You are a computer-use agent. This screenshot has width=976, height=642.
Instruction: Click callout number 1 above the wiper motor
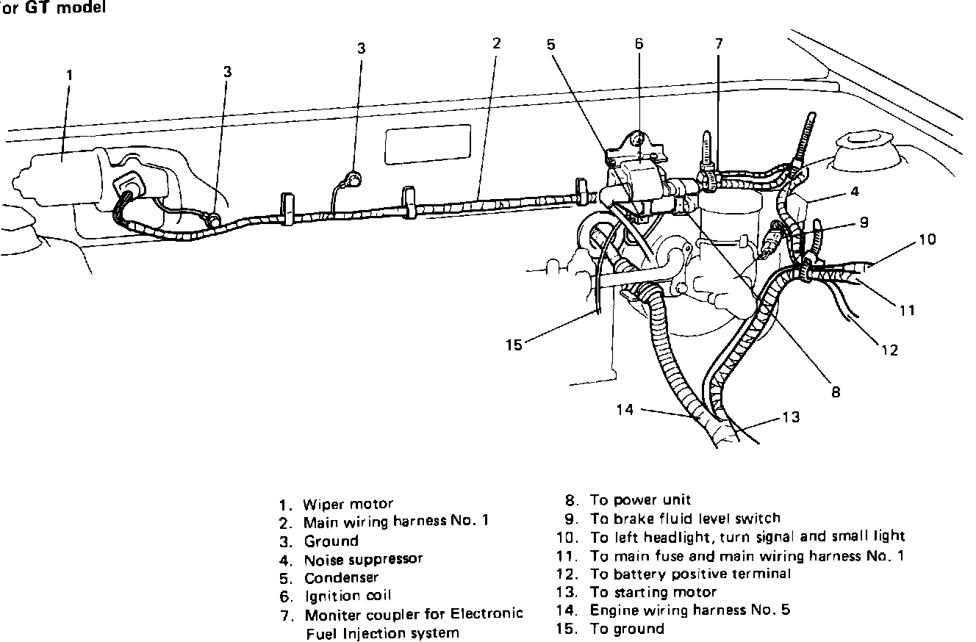[69, 74]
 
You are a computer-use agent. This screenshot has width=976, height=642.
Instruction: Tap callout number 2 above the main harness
[496, 43]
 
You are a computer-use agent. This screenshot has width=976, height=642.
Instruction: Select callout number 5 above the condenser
[551, 43]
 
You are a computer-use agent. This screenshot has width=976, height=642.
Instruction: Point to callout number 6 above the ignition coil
[639, 43]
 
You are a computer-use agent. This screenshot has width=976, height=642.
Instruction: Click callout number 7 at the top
[719, 43]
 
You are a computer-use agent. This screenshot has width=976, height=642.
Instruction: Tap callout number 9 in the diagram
[864, 222]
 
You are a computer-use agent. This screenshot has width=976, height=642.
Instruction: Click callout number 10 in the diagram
[927, 239]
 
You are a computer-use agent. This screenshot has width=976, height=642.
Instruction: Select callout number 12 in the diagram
[890, 350]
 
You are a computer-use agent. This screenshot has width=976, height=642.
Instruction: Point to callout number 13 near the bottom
[790, 417]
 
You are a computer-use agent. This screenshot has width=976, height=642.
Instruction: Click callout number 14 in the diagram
[625, 410]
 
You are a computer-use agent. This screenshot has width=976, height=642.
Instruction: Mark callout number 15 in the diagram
[514, 344]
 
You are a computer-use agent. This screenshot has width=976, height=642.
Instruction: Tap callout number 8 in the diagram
[836, 392]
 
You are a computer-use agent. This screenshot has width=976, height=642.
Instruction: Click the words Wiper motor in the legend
[348, 505]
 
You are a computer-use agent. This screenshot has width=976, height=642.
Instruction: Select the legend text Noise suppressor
[363, 559]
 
